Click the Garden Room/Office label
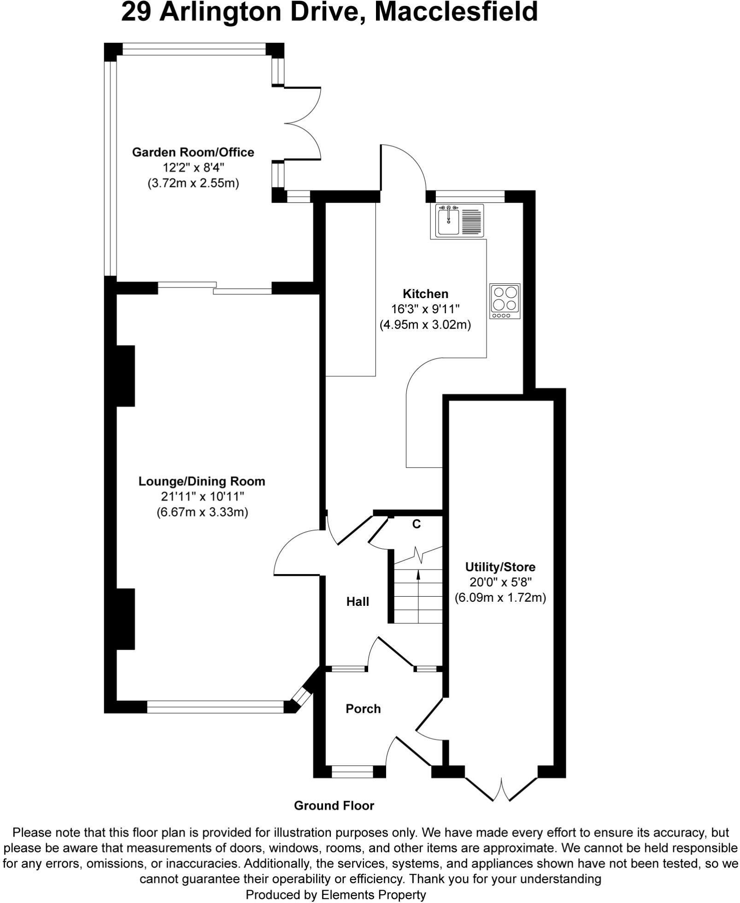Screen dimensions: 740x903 point(193,152)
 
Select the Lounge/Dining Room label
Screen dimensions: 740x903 point(202,481)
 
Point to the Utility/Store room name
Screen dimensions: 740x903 point(500,567)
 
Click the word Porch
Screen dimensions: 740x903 point(363,709)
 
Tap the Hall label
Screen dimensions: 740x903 point(358,601)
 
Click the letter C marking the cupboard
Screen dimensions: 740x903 point(416,524)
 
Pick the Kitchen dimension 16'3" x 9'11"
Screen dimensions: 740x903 point(425,309)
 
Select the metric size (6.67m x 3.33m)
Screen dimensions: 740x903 point(202,512)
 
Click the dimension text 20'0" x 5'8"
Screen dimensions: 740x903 point(500,582)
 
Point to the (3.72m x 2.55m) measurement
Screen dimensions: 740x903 point(193,183)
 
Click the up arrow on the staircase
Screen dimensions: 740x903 point(418,574)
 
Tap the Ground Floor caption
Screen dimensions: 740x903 point(334,806)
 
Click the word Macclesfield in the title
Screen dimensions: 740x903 point(456,12)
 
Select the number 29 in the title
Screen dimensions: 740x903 point(136,12)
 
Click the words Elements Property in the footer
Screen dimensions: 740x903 point(373,895)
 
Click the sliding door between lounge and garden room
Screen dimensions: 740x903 point(215,288)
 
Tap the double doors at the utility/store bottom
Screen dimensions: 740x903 point(501,789)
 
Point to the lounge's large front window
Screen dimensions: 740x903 point(215,707)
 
